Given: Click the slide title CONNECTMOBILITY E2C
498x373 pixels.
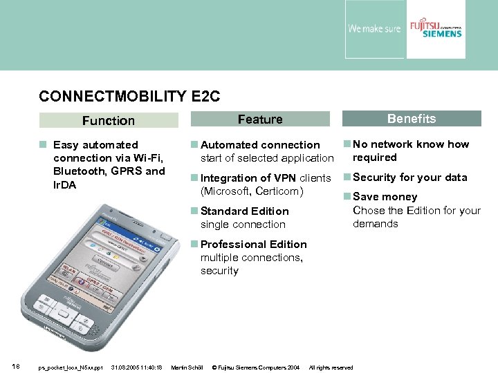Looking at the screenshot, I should [x=129, y=96].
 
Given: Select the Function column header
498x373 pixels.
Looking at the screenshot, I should [x=109, y=121].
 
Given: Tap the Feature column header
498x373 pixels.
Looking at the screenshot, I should [x=260, y=119].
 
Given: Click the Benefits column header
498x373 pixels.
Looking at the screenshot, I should [x=412, y=119].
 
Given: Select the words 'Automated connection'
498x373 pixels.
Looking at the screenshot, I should [x=260, y=145].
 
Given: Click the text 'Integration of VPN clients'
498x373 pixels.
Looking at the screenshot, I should [x=266, y=178].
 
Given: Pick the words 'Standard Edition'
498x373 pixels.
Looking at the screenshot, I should [x=244, y=211].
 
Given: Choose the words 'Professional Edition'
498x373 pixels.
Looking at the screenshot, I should [x=253, y=245].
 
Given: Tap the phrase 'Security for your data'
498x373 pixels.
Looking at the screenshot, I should [x=410, y=178].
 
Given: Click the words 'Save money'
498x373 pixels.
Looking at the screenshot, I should [x=385, y=197].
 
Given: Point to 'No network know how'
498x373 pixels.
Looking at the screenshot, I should [x=411, y=144].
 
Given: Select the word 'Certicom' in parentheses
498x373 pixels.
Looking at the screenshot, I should [x=279, y=191].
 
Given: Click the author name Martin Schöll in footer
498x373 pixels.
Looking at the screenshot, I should [x=187, y=367].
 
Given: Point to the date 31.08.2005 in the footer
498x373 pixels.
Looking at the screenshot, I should [x=126, y=367].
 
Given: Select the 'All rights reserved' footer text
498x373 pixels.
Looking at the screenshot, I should [x=331, y=367].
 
